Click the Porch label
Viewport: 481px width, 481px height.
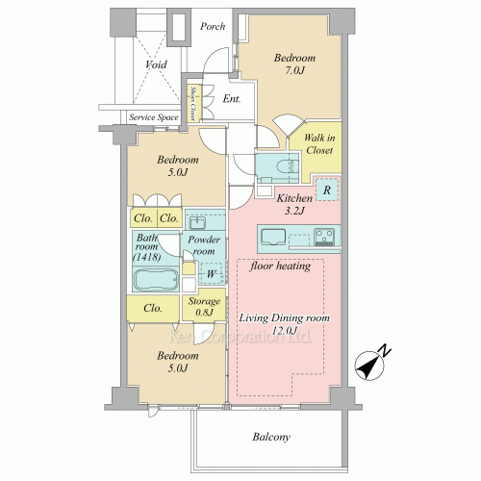213,27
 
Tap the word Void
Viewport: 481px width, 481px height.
156,64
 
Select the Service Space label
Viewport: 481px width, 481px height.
154,117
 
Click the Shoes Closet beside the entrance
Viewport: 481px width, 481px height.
193,104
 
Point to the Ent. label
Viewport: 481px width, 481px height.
232,99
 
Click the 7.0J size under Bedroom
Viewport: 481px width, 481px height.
294,70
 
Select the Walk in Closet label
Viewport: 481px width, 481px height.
319,144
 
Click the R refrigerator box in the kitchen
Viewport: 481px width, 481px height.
327,190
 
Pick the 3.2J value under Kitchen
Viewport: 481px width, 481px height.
294,211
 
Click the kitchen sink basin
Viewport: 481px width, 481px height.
273,237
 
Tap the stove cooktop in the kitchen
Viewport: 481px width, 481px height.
324,237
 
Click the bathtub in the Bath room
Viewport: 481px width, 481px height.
156,280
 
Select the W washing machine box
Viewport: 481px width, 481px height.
212,274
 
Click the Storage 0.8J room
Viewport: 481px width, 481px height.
204,306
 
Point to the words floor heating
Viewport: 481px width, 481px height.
280,266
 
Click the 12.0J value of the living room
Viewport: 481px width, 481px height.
285,331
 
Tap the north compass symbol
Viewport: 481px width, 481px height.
372,363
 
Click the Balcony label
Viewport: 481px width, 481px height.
271,437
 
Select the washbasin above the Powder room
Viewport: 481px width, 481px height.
197,222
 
